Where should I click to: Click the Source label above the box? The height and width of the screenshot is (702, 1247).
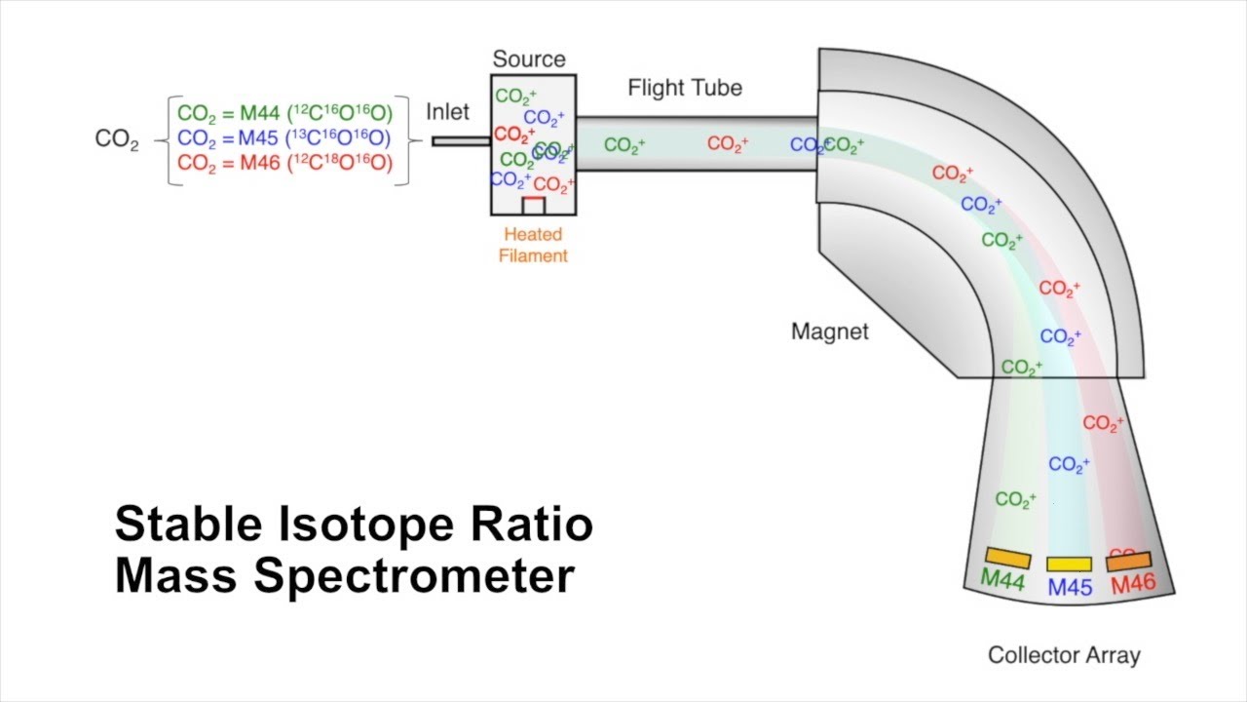point(529,59)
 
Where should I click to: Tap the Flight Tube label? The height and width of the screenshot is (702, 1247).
point(685,88)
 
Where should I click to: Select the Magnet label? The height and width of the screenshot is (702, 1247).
point(829,331)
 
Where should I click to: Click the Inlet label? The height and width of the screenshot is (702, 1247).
point(447,112)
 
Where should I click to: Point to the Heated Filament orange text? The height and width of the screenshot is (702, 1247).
point(533,246)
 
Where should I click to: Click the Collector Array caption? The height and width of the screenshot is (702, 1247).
point(1064,655)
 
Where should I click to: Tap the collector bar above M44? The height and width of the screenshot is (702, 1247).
point(1007,559)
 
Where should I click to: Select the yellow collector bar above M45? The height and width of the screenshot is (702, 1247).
point(1069,564)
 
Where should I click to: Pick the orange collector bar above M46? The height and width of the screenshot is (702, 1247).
point(1128,562)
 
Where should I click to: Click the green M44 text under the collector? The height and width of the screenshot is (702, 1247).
point(1001,580)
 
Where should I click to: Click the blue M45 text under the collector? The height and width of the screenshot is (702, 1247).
point(1070,588)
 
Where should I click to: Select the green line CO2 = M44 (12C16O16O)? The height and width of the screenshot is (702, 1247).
point(285,113)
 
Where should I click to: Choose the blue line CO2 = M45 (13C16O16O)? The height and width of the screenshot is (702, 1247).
point(284,138)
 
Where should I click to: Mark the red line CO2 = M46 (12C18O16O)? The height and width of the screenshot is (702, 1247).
point(285,164)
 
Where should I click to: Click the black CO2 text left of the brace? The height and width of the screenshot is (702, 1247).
point(117,139)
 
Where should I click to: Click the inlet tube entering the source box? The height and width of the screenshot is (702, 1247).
point(461,141)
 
